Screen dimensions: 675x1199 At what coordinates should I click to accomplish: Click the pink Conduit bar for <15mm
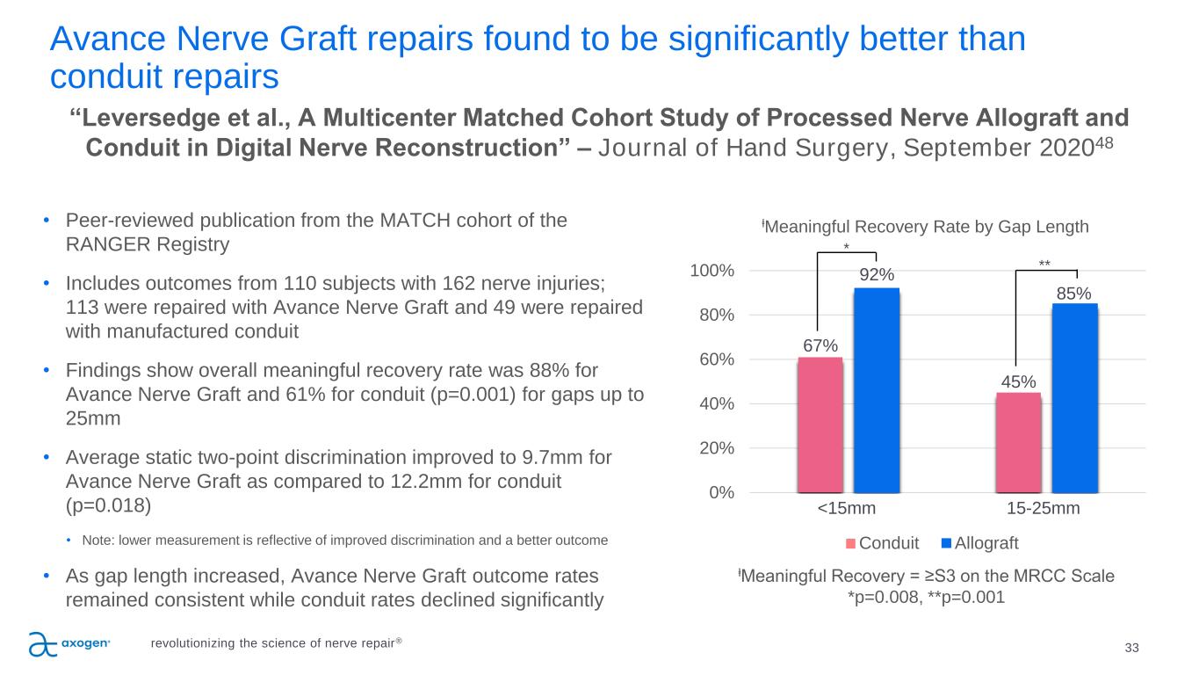click(x=820, y=425)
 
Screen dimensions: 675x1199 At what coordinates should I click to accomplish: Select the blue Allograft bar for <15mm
click(x=877, y=390)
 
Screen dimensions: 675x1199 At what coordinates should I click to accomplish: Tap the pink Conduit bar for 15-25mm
click(x=1018, y=442)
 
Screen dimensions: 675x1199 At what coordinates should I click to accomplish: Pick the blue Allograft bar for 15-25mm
click(x=1074, y=398)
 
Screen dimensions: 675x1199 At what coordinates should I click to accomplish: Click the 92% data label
click(x=877, y=275)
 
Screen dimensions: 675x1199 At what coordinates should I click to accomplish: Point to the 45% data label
click(x=1019, y=381)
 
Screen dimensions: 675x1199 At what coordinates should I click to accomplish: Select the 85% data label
click(x=1074, y=291)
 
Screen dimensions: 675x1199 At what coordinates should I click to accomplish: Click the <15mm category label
click(x=847, y=509)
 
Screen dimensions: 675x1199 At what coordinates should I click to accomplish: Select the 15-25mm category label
click(x=1044, y=509)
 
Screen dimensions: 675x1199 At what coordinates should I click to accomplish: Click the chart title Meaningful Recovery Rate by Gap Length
click(x=925, y=227)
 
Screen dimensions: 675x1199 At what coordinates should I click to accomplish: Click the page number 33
click(x=1131, y=649)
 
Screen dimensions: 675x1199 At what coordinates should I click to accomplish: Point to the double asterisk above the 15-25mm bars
click(x=1044, y=263)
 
